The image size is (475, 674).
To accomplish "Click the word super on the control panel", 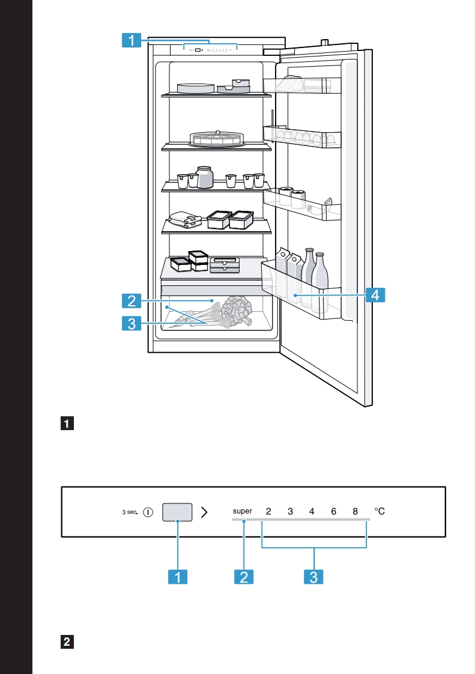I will pos(243,512).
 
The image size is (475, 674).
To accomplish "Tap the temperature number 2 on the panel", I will pos(268,512).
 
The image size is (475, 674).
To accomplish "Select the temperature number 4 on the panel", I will pos(312,512).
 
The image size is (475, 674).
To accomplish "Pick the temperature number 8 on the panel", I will pos(355,512).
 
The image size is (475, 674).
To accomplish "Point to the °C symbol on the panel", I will pos(380,512).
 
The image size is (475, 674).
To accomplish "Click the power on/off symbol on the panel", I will pos(148,512).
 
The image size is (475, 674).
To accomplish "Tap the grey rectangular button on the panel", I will pos(177,512).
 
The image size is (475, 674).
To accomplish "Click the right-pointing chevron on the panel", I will pos(205,512).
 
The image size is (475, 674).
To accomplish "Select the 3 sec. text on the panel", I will pos(130,512).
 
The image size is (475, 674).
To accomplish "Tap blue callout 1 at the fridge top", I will pos(131,40).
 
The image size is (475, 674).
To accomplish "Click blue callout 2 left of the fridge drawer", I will pos(131,300).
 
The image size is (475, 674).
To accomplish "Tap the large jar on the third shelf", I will pos(205,178).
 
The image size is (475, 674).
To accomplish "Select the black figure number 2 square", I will pos(68,642).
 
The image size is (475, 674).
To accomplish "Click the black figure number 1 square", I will pos(68,425).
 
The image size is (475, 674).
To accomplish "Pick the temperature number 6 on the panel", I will pos(333,512).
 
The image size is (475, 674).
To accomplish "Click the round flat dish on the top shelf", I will pos(195,88).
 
